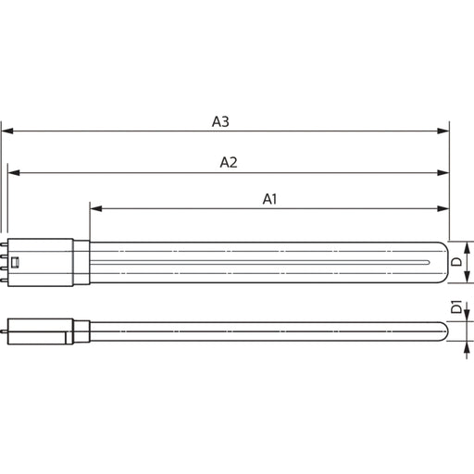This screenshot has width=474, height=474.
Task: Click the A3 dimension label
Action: pyautogui.click(x=220, y=121)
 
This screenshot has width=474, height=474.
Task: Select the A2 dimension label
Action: pyautogui.click(x=229, y=163)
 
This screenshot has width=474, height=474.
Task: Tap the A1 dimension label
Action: pyautogui.click(x=269, y=199)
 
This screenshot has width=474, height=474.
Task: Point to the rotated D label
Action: pyautogui.click(x=456, y=262)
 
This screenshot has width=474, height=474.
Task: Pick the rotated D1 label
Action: pyautogui.click(x=456, y=306)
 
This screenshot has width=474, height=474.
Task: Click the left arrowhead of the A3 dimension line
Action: pyautogui.click(x=7, y=131)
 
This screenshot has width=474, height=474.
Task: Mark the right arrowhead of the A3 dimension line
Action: pyautogui.click(x=443, y=131)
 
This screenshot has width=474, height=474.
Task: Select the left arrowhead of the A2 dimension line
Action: pyautogui.click(x=14, y=173)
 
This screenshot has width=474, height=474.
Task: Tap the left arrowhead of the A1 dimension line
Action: pyautogui.click(x=96, y=209)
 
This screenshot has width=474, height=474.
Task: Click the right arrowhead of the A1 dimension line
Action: pyautogui.click(x=443, y=209)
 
